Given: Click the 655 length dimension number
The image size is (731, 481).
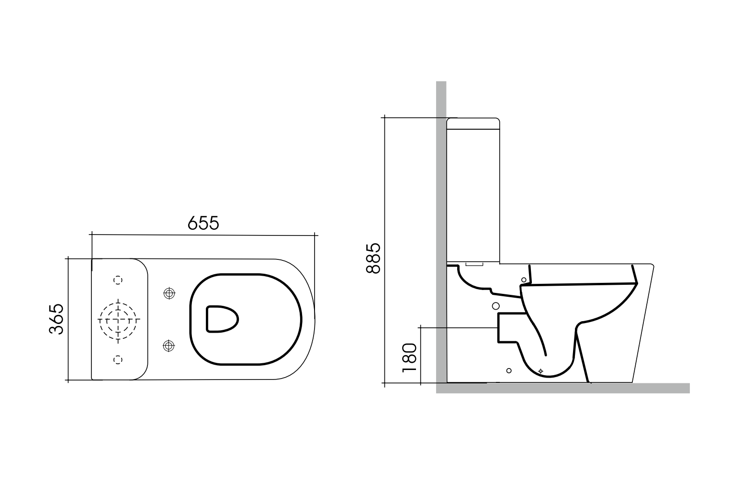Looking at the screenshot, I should pyautogui.click(x=203, y=223).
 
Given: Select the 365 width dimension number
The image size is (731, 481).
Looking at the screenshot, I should pyautogui.click(x=56, y=319).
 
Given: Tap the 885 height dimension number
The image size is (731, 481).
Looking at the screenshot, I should pyautogui.click(x=373, y=258).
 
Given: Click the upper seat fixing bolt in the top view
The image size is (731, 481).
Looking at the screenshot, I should pyautogui.click(x=169, y=293).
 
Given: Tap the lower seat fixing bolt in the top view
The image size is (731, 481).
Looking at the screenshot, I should pyautogui.click(x=169, y=345).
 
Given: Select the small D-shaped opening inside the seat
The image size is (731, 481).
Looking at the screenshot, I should pyautogui.click(x=222, y=319).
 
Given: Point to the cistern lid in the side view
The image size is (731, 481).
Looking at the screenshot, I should pyautogui.click(x=473, y=123).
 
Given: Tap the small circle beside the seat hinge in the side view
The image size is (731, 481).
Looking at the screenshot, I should pyautogui.click(x=524, y=280).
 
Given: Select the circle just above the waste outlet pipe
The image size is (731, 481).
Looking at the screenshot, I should pyautogui.click(x=496, y=305).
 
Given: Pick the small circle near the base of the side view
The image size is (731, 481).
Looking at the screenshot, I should pyautogui.click(x=509, y=370).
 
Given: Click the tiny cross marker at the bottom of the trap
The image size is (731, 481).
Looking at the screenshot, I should pyautogui.click(x=541, y=371).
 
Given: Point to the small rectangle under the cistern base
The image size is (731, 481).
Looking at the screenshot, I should pyautogui.click(x=474, y=264).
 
